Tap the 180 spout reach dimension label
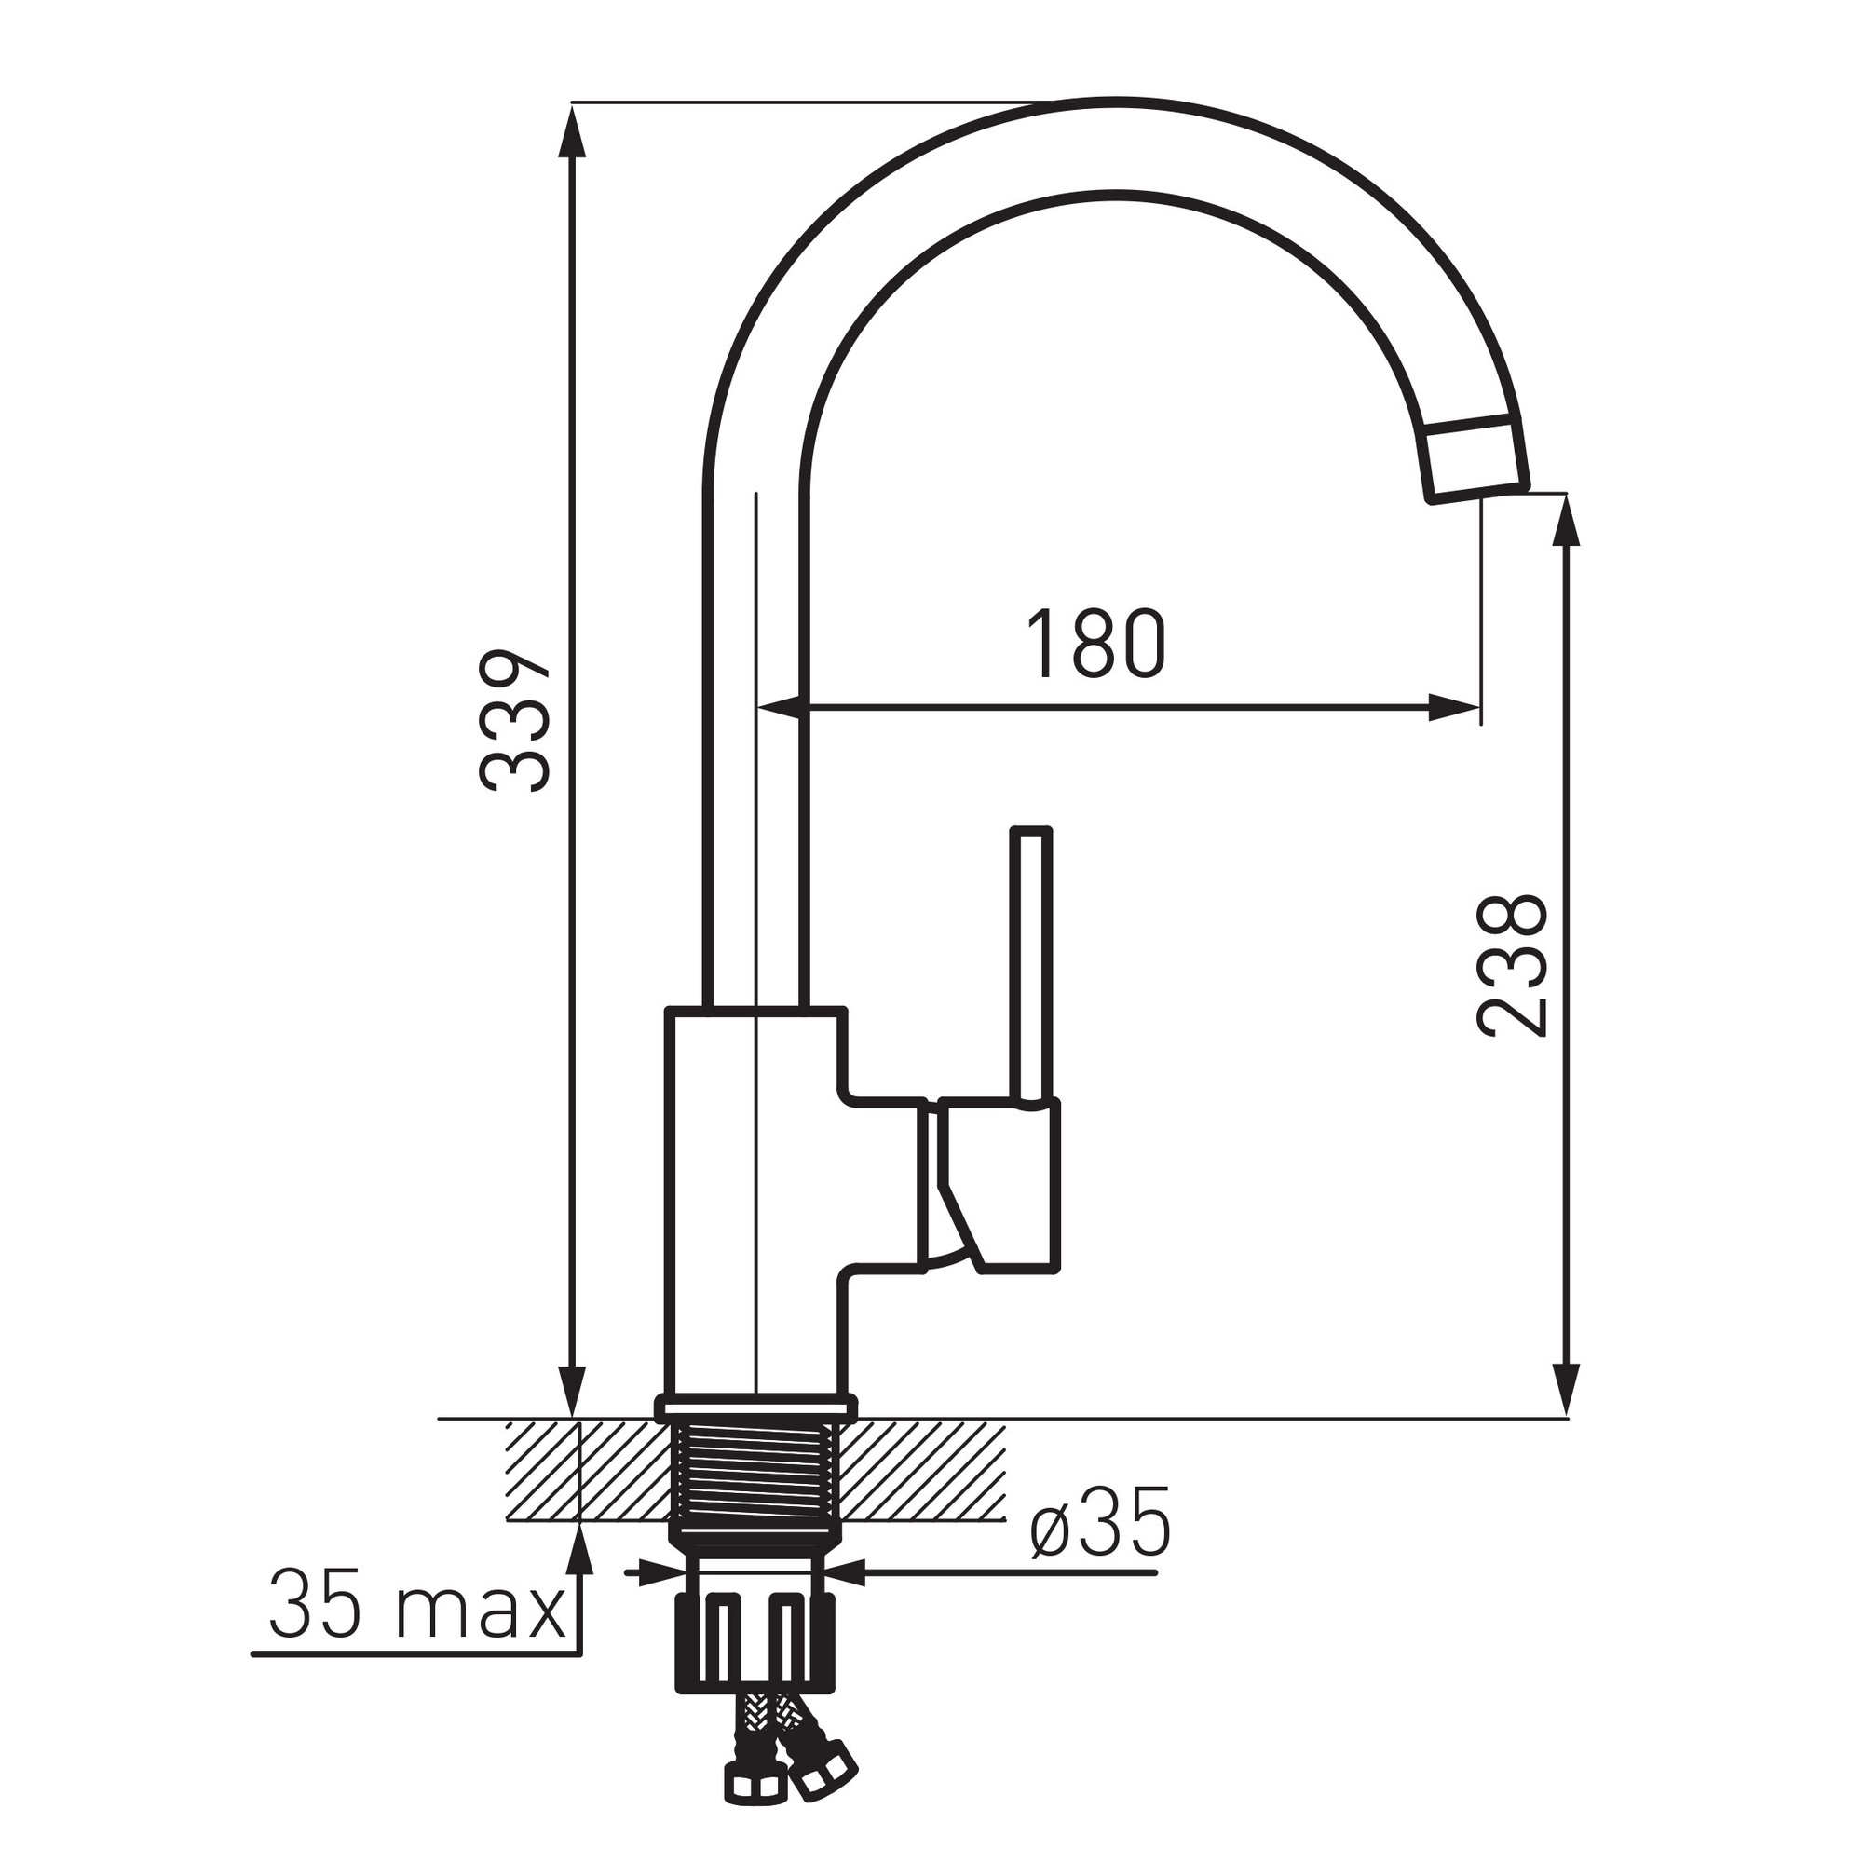tap(1095, 645)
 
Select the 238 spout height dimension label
tap(1512, 967)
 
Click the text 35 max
tap(416, 1607)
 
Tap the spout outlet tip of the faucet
tap(1476, 460)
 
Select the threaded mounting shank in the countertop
tap(755, 1488)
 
